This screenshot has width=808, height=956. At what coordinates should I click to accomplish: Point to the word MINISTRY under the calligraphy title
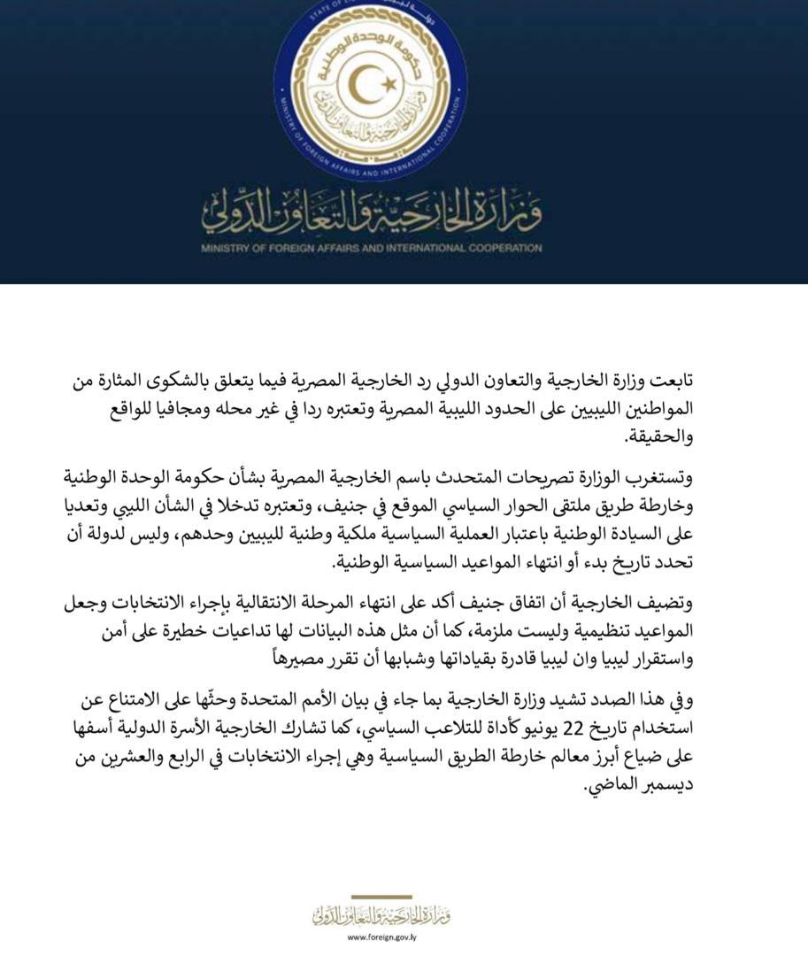tap(228, 249)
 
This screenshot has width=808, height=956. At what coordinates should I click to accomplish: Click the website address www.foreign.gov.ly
tap(382, 937)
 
